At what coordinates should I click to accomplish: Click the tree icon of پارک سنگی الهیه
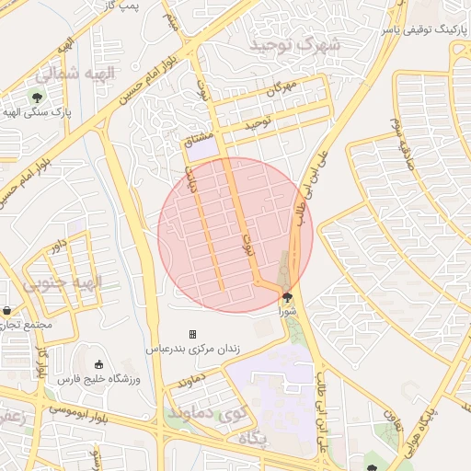click(38, 96)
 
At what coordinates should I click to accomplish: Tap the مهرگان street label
click(282, 89)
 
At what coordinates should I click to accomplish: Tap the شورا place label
click(288, 312)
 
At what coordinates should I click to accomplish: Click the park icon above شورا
click(288, 297)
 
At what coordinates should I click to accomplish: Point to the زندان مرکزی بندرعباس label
click(192, 350)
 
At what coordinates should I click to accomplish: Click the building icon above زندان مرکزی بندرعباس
click(192, 334)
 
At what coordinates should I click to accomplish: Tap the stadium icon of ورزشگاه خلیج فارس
click(99, 364)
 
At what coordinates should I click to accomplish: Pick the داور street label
click(59, 247)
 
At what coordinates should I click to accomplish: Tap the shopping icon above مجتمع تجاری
click(7, 311)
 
